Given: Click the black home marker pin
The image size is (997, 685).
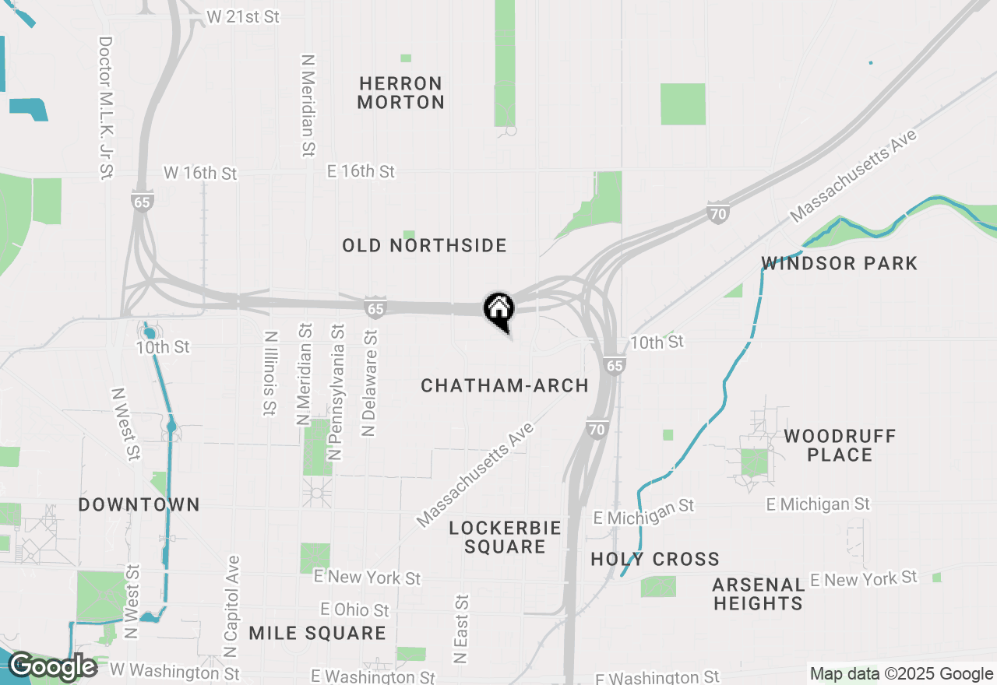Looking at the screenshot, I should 498,310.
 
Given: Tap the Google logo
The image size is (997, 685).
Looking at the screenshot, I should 52,666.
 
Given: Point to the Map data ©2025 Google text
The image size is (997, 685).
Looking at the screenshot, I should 901,674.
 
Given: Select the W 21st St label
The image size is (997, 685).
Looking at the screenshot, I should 244,16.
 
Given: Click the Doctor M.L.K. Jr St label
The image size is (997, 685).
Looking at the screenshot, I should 106,107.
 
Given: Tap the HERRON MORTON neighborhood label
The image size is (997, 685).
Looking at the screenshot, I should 401,93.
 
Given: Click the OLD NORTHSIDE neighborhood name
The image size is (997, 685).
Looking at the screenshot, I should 425,246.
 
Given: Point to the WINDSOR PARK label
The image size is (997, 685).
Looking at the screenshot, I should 839,263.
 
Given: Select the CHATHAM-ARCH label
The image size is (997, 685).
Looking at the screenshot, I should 505,385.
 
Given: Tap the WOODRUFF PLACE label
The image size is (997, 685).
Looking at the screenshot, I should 840,444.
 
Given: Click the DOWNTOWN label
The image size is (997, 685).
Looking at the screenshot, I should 139,504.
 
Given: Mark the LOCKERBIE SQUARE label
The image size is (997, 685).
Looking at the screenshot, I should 505,537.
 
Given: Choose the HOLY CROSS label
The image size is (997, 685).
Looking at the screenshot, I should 655,559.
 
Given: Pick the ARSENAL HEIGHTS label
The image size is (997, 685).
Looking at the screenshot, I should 758,593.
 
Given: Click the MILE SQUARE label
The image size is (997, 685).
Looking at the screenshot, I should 317,633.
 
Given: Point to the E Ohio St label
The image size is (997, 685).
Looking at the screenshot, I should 355,609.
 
